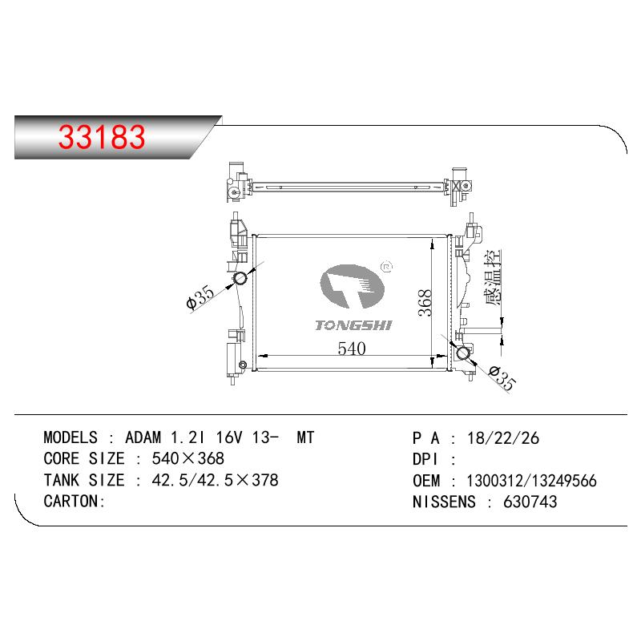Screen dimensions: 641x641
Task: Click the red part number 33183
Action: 102,136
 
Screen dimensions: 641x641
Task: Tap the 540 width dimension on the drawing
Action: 352,349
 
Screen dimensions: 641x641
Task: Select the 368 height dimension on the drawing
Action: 425,303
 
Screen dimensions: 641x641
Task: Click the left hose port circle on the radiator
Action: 240,279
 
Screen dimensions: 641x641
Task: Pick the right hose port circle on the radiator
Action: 464,353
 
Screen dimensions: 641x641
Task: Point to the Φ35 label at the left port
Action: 200,298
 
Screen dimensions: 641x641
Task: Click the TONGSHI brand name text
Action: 353,325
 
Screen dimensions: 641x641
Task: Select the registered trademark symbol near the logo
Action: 386,267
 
